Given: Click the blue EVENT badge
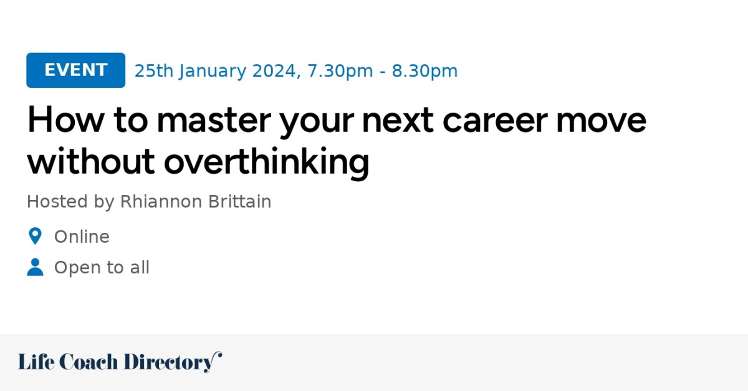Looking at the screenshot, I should tap(75, 70).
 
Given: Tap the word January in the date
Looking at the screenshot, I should tap(213, 71).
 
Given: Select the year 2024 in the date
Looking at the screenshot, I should tap(274, 71).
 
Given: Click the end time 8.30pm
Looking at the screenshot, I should tap(424, 71).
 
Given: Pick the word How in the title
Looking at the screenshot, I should tap(60, 120).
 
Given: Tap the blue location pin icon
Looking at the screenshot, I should tap(35, 237).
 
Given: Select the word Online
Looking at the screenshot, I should tap(82, 237).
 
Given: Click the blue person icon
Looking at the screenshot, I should tap(35, 268).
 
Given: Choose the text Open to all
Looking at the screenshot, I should tap(102, 268).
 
